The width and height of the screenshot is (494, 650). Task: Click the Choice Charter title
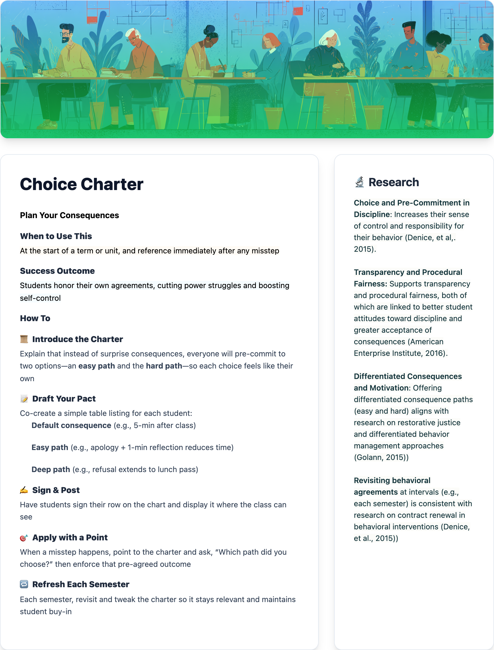tap(81, 184)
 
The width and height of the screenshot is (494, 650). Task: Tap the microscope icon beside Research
tap(359, 182)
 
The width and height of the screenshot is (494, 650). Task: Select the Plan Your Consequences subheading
tap(69, 215)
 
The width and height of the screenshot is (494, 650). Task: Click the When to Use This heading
tap(56, 236)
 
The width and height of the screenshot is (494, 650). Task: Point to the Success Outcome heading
tap(57, 271)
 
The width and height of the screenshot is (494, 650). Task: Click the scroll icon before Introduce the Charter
tap(24, 339)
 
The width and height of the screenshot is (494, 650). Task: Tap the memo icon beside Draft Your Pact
tap(24, 399)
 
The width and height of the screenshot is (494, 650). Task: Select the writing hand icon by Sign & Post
tap(24, 490)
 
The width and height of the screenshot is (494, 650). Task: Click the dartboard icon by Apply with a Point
tap(24, 538)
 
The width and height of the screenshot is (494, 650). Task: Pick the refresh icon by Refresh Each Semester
tap(24, 584)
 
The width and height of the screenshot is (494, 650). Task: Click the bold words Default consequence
tap(71, 426)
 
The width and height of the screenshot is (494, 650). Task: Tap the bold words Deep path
tap(50, 470)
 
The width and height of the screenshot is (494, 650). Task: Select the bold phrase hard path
tap(164, 366)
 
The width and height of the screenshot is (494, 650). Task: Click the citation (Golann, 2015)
tap(381, 457)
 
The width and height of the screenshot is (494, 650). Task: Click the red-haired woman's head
tap(270, 41)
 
